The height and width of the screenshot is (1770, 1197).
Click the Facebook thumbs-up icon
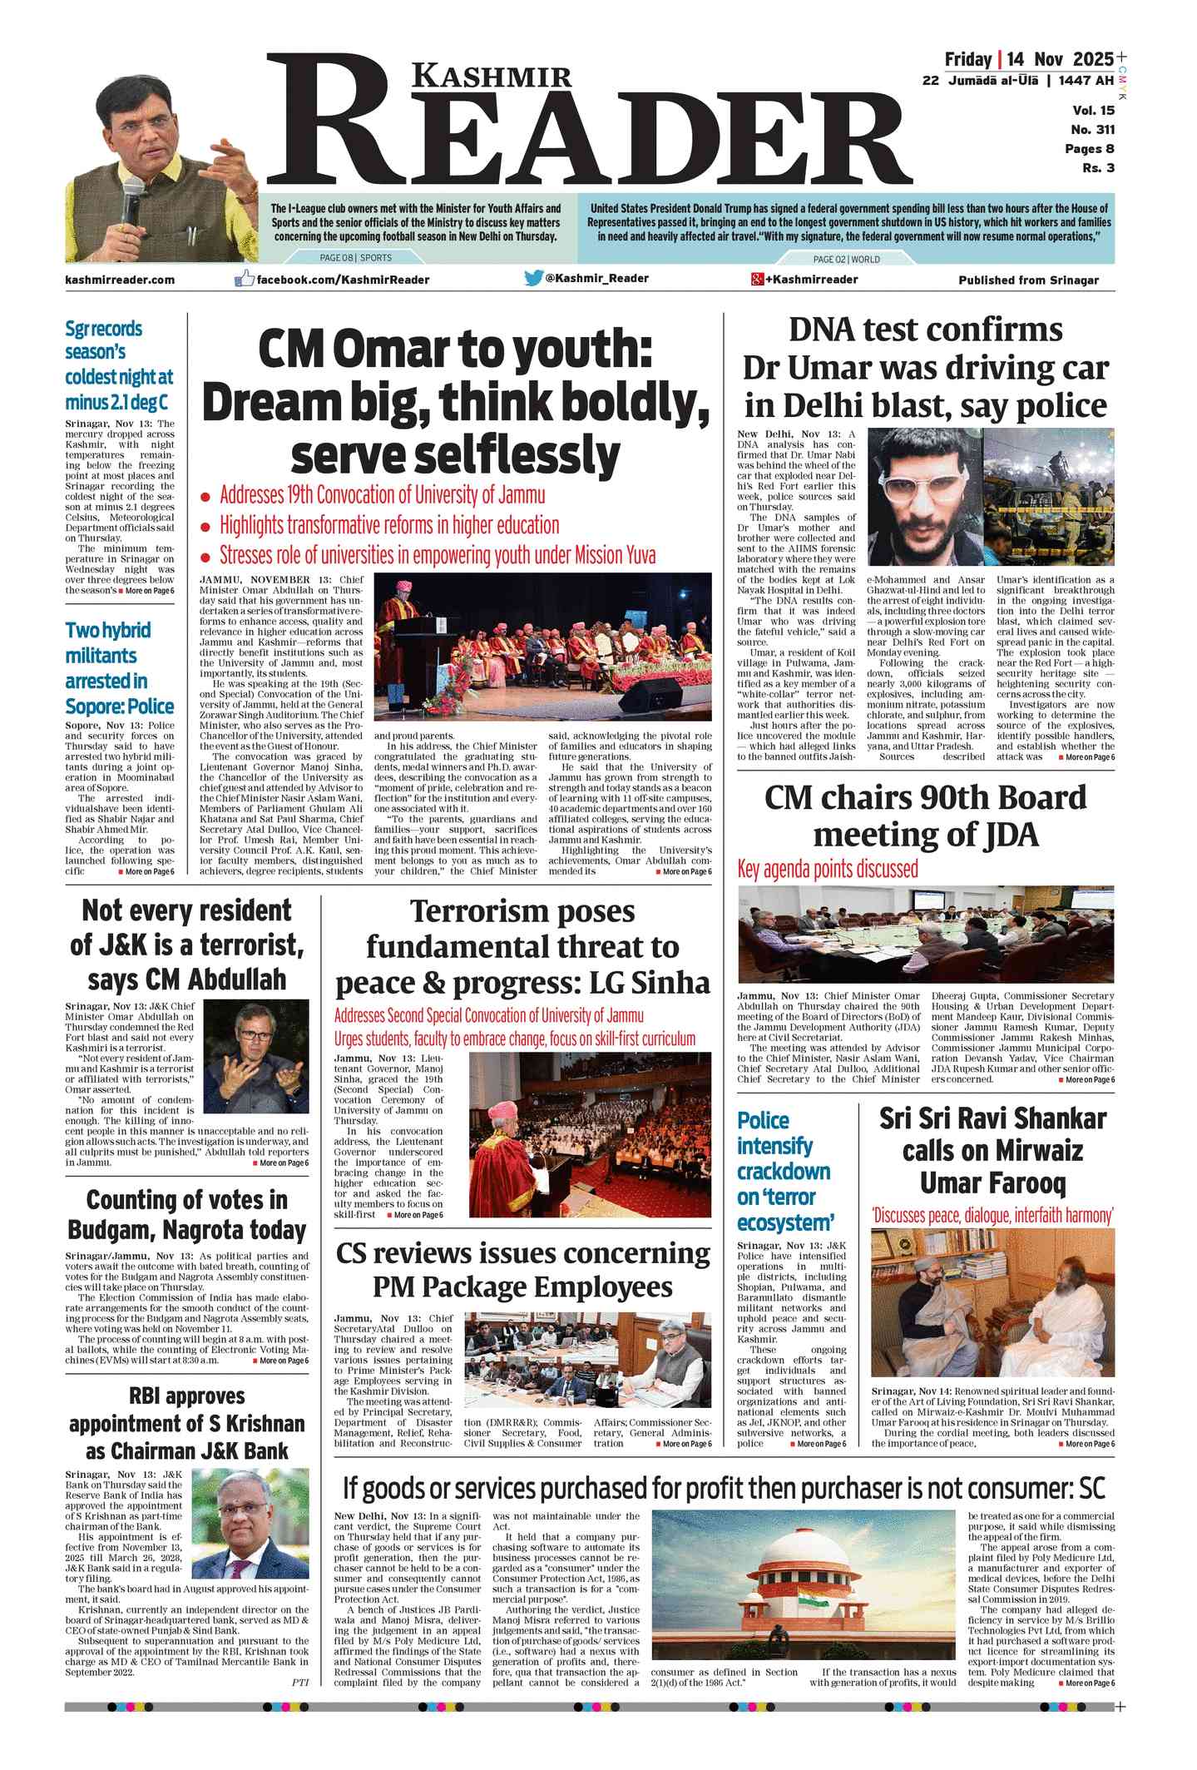[244, 279]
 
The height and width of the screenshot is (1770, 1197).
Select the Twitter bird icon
[533, 278]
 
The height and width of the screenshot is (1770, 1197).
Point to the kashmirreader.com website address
[120, 280]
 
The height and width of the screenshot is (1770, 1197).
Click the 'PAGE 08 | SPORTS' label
[355, 258]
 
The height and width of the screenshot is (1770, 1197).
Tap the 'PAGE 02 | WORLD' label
[846, 259]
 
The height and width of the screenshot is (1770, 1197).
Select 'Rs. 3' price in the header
[1098, 168]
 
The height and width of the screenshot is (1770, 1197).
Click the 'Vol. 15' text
[1093, 111]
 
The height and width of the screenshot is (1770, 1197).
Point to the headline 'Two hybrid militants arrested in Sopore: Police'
[119, 667]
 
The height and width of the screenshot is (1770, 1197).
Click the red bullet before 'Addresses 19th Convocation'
[205, 498]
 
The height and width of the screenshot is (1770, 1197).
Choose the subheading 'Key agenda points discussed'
[828, 870]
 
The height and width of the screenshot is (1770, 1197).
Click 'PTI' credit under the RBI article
[299, 1682]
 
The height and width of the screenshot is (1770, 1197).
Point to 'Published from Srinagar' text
[1028, 280]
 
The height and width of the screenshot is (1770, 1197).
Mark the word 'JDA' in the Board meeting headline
[1009, 835]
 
